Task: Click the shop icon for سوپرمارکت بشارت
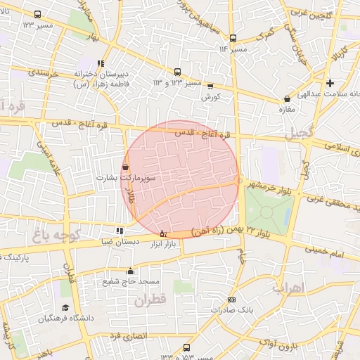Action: tap(125, 167)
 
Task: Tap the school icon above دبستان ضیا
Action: tap(119, 230)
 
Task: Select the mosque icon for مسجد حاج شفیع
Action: tap(129, 271)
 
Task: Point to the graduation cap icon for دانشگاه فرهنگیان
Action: tap(66, 308)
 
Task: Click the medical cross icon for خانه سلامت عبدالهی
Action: tap(330, 83)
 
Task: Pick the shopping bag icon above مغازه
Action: tap(286, 99)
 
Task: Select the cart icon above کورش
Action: tap(210, 86)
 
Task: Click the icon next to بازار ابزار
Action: tap(163, 233)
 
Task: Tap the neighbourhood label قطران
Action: tap(146, 300)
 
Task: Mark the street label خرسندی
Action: tap(41, 73)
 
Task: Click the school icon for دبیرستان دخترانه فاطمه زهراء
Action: tap(105, 63)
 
